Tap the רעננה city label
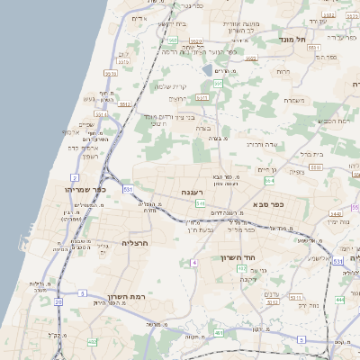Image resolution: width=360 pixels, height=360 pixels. pyautogui.click(x=193, y=193)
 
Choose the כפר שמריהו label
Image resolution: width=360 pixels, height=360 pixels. pyautogui.click(x=86, y=190)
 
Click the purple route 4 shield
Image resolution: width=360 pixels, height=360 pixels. pyautogui.click(x=194, y=263)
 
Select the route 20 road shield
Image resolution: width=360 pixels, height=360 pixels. pyautogui.click(x=58, y=301)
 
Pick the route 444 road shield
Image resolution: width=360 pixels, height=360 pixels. pyautogui.click(x=339, y=299)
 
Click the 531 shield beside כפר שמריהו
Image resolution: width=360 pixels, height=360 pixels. pyautogui.click(x=128, y=190)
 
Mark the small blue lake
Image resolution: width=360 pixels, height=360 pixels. pyautogui.click(x=208, y=69)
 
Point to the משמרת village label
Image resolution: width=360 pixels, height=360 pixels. pyautogui.click(x=296, y=100)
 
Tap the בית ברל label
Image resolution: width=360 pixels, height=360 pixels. pyautogui.click(x=310, y=154)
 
